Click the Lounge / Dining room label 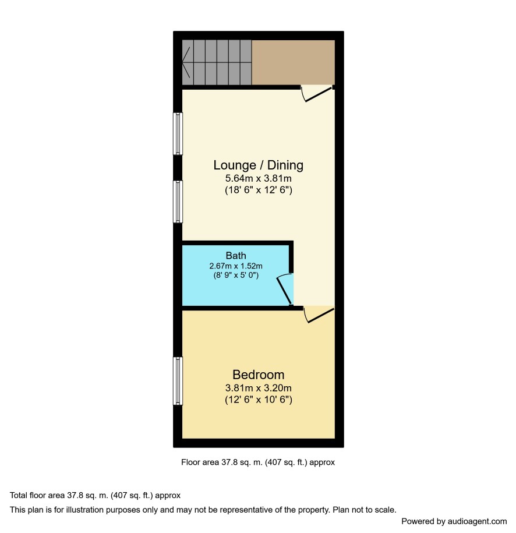tap(259, 165)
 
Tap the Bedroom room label tap(259, 375)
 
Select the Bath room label tap(236, 255)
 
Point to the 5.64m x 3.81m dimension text tap(259, 178)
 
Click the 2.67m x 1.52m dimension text tap(236, 266)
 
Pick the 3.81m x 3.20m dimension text tap(259, 388)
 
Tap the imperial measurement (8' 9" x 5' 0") tap(236, 275)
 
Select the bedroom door tap(319, 315)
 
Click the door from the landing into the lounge tap(317, 93)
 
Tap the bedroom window tap(178, 381)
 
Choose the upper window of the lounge tap(178, 133)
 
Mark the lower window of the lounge tap(178, 202)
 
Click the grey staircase tap(217, 62)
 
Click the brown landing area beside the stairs tap(294, 62)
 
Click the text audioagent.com tap(477, 521)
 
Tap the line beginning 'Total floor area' tap(95, 495)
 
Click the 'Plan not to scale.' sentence tap(365, 510)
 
